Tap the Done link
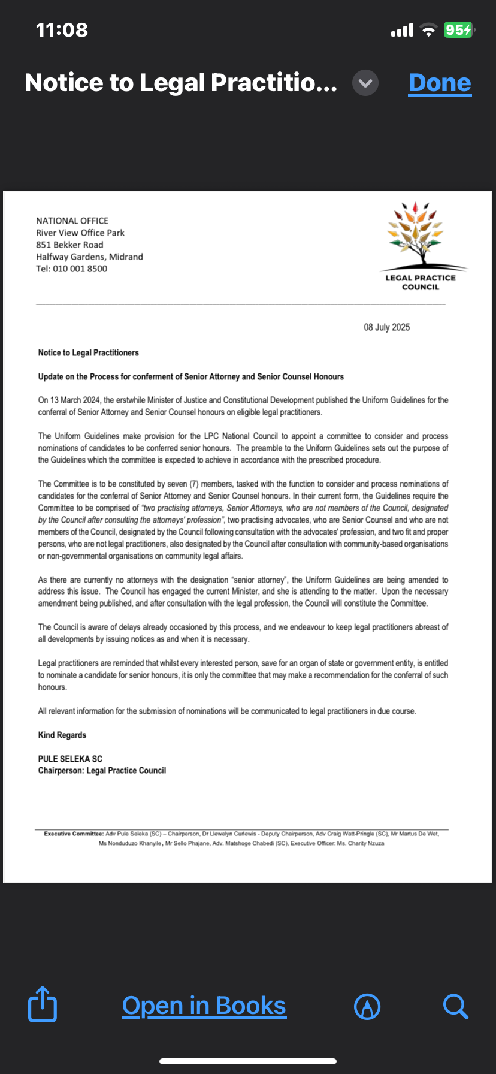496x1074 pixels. click(440, 83)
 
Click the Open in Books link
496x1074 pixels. click(204, 1006)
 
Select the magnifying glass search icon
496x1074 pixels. click(455, 1006)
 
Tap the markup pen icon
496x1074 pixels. click(367, 1006)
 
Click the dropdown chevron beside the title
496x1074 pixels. click(365, 83)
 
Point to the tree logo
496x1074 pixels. click(420, 237)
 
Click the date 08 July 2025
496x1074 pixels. click(387, 327)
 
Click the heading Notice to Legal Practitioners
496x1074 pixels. click(89, 353)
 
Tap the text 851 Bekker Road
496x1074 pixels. click(69, 245)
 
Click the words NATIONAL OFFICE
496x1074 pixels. click(72, 221)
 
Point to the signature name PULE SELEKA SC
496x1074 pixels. click(70, 759)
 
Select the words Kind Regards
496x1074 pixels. click(62, 735)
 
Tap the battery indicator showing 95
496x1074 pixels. click(458, 29)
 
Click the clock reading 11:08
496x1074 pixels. click(62, 29)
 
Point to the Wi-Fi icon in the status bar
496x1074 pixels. click(428, 30)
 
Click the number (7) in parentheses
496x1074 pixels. click(193, 484)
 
